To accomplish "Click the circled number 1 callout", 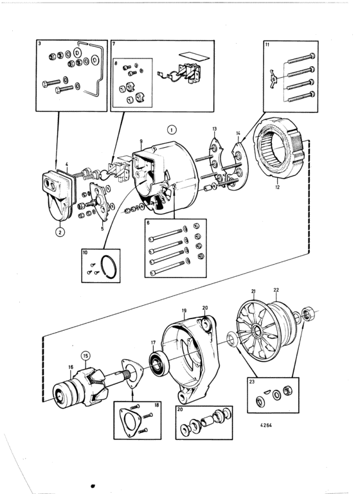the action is [172, 130].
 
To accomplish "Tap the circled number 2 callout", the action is [60, 232].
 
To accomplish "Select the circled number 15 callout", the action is [85, 356].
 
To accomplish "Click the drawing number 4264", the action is [265, 425].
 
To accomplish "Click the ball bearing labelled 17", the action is [159, 363].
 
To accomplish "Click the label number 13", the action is [214, 129].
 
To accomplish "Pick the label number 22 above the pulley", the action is [276, 290].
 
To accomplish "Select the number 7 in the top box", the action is [114, 44].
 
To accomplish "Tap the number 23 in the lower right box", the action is [251, 382].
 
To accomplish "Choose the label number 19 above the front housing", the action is [184, 310].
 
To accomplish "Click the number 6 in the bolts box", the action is [148, 223].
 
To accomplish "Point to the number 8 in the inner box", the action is [116, 64].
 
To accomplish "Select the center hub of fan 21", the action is [256, 331].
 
